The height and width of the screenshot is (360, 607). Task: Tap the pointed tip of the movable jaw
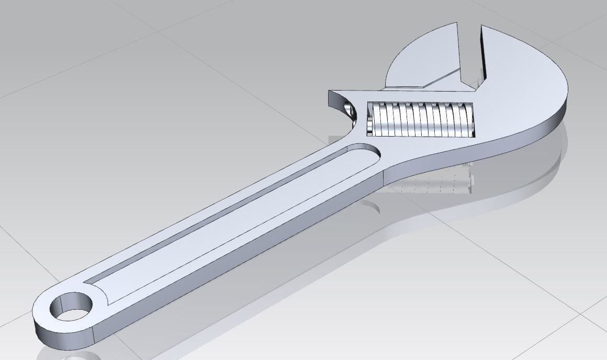pyautogui.click(x=457, y=24)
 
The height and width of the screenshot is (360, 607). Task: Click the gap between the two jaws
pyautogui.click(x=470, y=58)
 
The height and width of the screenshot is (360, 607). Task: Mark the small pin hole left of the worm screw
pyautogui.click(x=347, y=110)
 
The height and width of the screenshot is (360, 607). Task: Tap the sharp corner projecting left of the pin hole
pyautogui.click(x=330, y=93)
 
